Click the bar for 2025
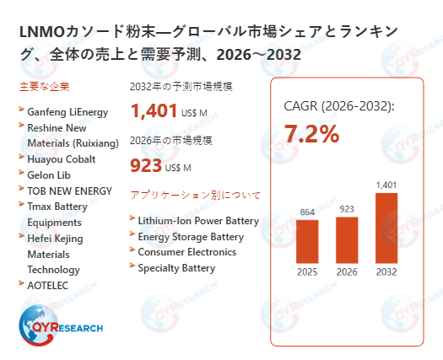coord(307,241)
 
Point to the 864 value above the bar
coord(307,212)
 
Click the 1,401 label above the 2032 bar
coord(386,185)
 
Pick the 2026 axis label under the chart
coord(347,271)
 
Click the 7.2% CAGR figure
coord(311,133)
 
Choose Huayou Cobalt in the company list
coord(62,159)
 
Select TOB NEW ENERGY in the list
coord(69,191)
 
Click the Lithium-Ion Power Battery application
coord(198,221)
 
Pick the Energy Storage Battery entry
coord(191,237)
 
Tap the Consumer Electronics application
coord(186,252)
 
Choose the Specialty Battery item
coord(176,268)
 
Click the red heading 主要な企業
coord(44,87)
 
